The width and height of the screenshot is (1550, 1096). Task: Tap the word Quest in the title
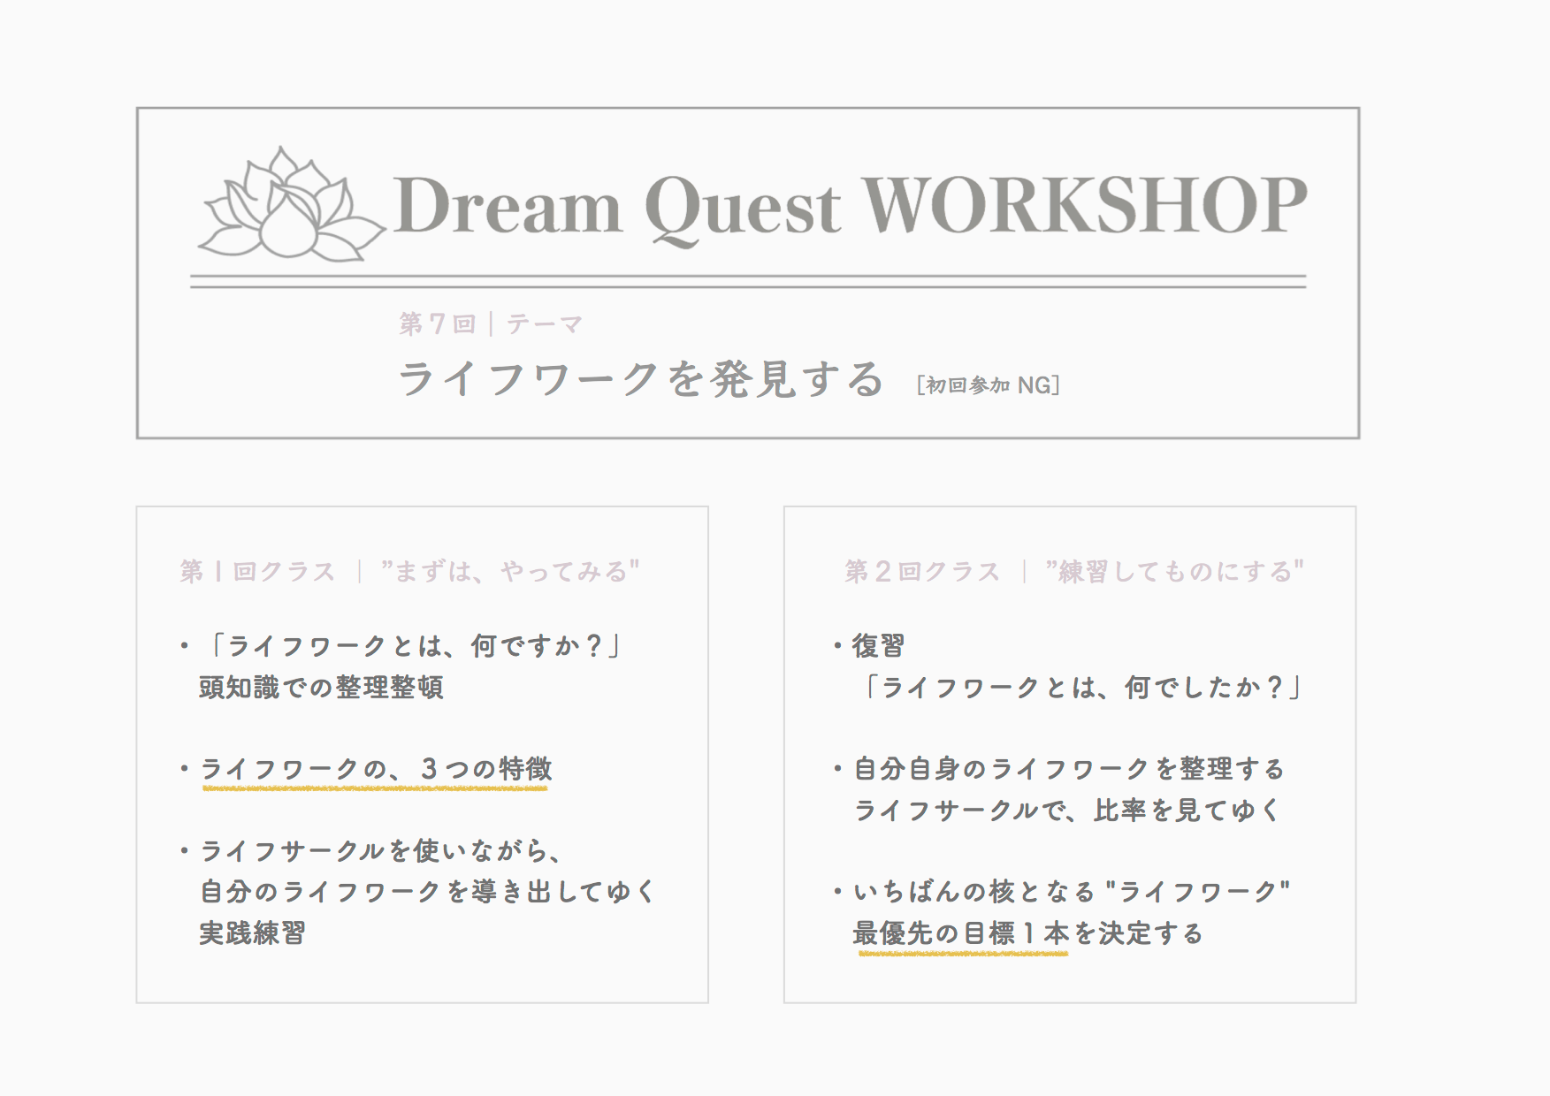pyautogui.click(x=744, y=209)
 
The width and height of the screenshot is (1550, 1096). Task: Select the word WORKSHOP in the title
pyautogui.click(x=1085, y=204)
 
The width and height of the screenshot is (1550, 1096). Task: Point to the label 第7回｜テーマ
pyautogui.click(x=491, y=324)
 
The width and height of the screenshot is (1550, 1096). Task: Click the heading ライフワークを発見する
pyautogui.click(x=641, y=379)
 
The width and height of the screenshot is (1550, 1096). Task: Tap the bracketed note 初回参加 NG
pyautogui.click(x=989, y=385)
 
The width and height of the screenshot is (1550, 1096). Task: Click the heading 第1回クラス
pyautogui.click(x=257, y=572)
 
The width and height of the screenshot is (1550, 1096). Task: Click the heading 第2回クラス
pyautogui.click(x=922, y=572)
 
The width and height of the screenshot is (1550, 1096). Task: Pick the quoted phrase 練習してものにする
pyautogui.click(x=1174, y=571)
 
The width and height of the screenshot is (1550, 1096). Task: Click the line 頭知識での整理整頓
pyautogui.click(x=321, y=687)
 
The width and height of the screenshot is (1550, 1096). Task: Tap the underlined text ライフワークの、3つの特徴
pyautogui.click(x=377, y=769)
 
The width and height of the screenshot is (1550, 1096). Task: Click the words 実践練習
pyautogui.click(x=252, y=933)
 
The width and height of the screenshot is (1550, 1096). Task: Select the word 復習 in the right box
pyautogui.click(x=878, y=646)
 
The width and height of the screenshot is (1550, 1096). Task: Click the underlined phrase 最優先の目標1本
pyautogui.click(x=961, y=933)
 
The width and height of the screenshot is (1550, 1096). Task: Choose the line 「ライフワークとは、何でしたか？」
pyautogui.click(x=1082, y=687)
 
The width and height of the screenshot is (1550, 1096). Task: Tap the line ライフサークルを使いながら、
pyautogui.click(x=382, y=851)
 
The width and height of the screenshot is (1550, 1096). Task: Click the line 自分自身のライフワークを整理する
pyautogui.click(x=1069, y=769)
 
